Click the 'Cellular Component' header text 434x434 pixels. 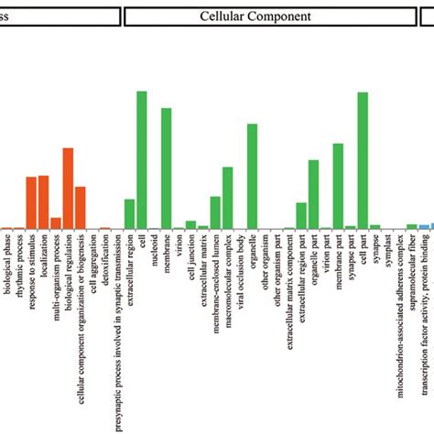255,16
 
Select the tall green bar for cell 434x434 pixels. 142,159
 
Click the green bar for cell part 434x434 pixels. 363,160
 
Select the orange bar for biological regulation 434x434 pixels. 68,188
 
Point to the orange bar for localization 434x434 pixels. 43,201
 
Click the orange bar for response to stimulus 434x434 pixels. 31,202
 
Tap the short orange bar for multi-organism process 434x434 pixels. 56,222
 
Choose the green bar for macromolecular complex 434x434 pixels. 227,197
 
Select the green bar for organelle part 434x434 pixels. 313,194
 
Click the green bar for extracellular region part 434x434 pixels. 301,215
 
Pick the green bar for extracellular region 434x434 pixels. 129,213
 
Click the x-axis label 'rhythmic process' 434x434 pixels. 18,266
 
